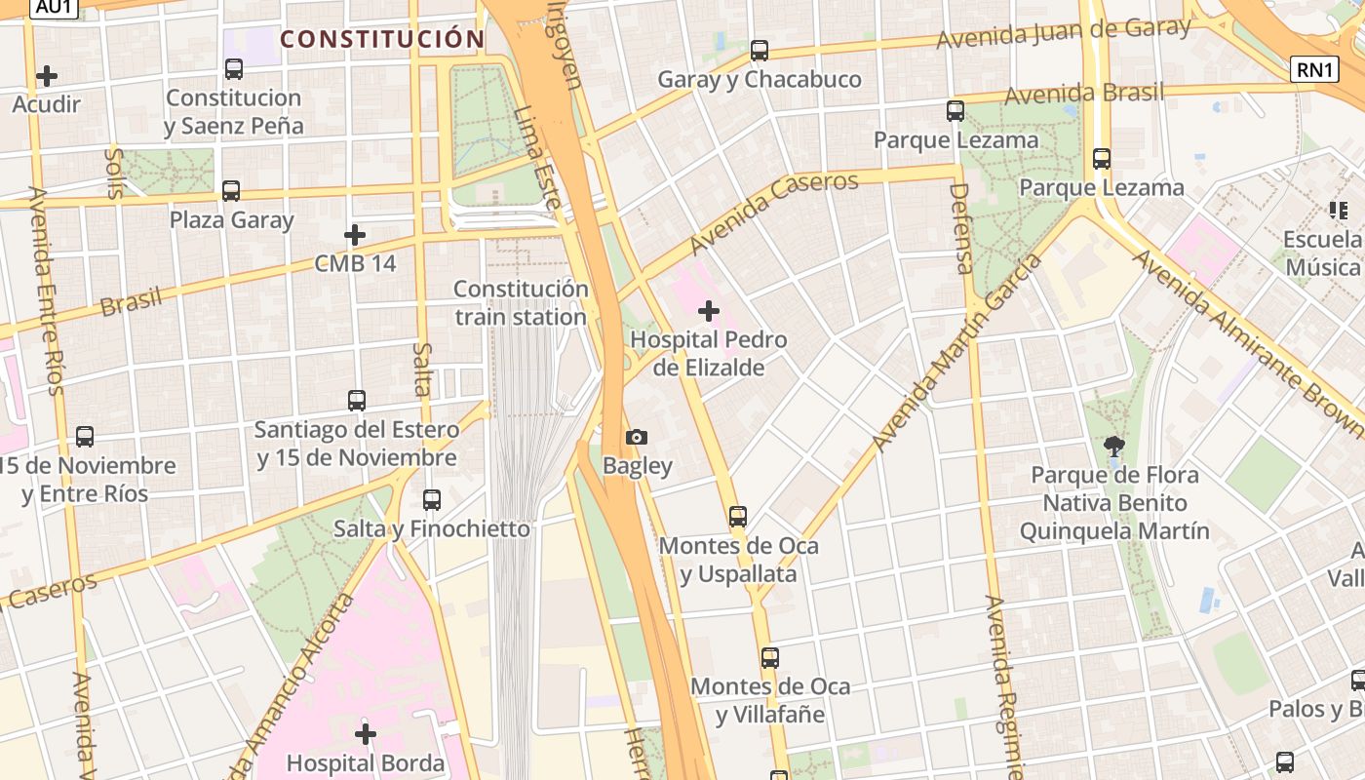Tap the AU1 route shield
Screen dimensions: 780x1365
pyautogui.click(x=55, y=8)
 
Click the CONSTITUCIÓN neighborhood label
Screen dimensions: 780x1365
pyautogui.click(x=382, y=40)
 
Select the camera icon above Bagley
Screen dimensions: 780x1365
pyautogui.click(x=637, y=437)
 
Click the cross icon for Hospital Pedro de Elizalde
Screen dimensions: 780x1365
pyautogui.click(x=709, y=312)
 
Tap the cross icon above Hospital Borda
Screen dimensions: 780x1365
pyautogui.click(x=366, y=733)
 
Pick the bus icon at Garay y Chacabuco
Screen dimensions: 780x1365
pyautogui.click(x=760, y=51)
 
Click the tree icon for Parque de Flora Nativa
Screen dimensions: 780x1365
pyautogui.click(x=1114, y=447)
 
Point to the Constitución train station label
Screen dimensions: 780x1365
pyautogui.click(x=521, y=303)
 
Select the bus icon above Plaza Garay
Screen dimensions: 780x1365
pyautogui.click(x=231, y=191)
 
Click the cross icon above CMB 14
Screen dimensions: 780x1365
pyautogui.click(x=355, y=235)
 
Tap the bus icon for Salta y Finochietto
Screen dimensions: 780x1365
pyautogui.click(x=432, y=500)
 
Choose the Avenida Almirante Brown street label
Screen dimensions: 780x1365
pyautogui.click(x=1248, y=341)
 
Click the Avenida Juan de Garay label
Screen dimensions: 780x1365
pyautogui.click(x=1063, y=33)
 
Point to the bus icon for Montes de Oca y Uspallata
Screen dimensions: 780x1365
pyautogui.click(x=738, y=517)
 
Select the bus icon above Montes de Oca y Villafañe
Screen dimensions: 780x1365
pyautogui.click(x=770, y=658)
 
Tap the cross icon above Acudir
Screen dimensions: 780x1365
pyautogui.click(x=46, y=76)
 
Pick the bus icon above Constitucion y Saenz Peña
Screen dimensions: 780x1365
pyautogui.click(x=234, y=69)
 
